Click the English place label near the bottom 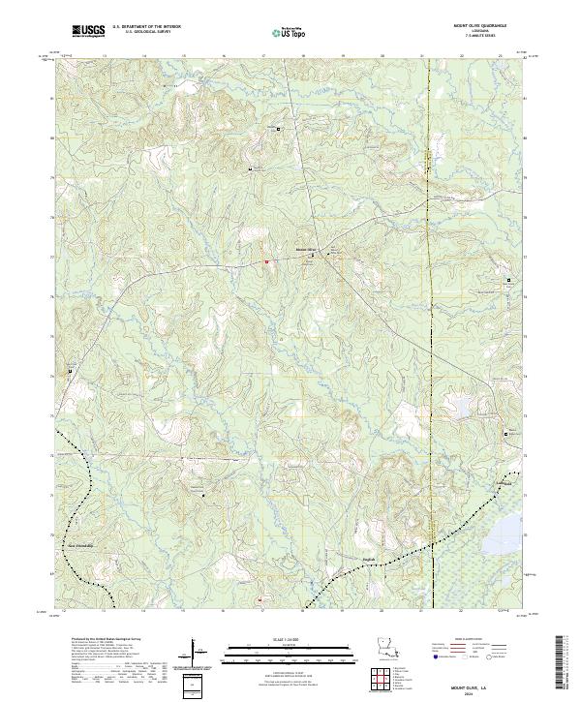[338, 549]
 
